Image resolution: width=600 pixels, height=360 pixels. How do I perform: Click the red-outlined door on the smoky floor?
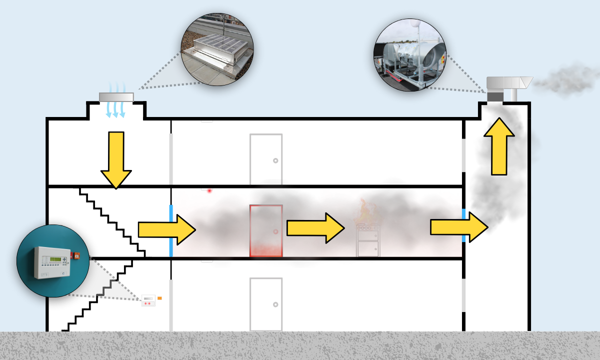266,231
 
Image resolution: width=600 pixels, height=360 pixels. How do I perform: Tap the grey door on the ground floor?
266,304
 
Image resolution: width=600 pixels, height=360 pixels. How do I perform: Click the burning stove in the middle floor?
367,240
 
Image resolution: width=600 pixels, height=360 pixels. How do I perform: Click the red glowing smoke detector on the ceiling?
209,190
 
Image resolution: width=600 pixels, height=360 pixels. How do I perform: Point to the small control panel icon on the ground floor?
149,300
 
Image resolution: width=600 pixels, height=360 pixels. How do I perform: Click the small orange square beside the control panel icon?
159,298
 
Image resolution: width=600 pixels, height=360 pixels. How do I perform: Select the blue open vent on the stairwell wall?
171,230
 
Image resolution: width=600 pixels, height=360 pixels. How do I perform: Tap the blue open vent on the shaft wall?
464,225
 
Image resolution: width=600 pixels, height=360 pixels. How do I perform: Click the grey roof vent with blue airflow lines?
116,97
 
